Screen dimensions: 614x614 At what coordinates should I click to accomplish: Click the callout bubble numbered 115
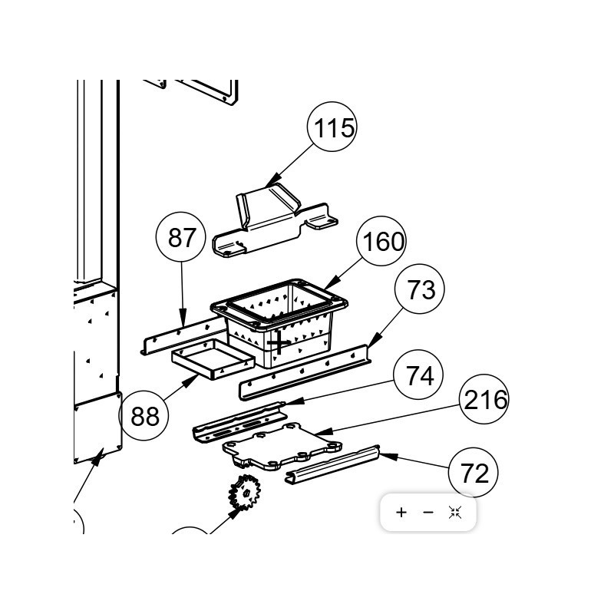pyautogui.click(x=332, y=127)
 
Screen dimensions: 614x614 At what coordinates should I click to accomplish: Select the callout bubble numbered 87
pyautogui.click(x=181, y=237)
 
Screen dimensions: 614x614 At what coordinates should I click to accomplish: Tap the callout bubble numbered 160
pyautogui.click(x=381, y=241)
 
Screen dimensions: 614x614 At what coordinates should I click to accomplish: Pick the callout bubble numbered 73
pyautogui.click(x=420, y=289)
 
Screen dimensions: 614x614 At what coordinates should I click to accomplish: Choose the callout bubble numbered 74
pyautogui.click(x=418, y=375)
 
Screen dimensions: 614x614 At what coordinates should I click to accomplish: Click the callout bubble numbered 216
pyautogui.click(x=484, y=399)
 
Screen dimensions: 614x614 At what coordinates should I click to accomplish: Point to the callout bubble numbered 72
pyautogui.click(x=474, y=473)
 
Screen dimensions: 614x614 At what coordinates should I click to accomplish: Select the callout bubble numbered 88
pyautogui.click(x=144, y=415)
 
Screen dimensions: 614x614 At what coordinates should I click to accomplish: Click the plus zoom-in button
pyautogui.click(x=401, y=512)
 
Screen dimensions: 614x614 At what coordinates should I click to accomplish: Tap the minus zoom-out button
pyautogui.click(x=428, y=512)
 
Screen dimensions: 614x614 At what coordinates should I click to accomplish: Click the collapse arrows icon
pyautogui.click(x=455, y=512)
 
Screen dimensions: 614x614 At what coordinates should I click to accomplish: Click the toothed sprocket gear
pyautogui.click(x=244, y=493)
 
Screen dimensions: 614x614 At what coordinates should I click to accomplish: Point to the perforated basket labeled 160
pyautogui.click(x=279, y=322)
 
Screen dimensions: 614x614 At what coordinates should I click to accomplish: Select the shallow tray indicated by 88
pyautogui.click(x=213, y=359)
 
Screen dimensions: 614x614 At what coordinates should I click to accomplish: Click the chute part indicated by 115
pyautogui.click(x=274, y=221)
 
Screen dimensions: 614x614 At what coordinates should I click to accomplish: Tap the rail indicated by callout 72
pyautogui.click(x=332, y=465)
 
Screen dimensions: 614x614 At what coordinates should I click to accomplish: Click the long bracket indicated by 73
pyautogui.click(x=305, y=372)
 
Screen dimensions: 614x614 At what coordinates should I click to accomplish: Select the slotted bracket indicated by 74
pyautogui.click(x=239, y=422)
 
